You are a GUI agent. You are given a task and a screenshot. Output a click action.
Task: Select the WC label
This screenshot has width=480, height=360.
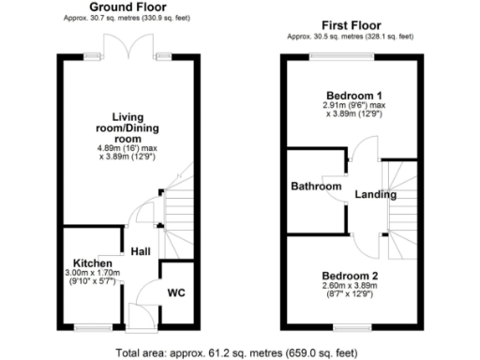(x=176, y=292)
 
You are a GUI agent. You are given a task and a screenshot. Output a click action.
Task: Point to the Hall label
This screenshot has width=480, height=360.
(x=142, y=251)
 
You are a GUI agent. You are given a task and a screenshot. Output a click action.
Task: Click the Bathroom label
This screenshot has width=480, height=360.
(x=316, y=187)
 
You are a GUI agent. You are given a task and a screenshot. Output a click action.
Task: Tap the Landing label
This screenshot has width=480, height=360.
(x=375, y=196)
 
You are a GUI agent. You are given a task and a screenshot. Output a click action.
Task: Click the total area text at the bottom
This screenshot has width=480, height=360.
(x=239, y=353)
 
